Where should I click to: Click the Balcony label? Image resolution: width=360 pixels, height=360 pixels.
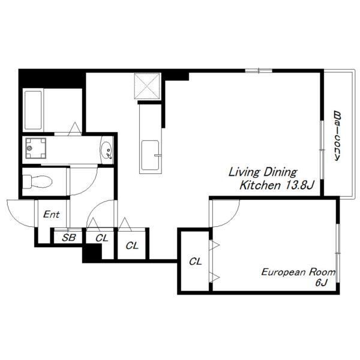337,136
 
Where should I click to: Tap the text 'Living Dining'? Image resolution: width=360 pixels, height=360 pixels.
263,172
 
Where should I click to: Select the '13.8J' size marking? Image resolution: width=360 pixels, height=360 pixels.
299,185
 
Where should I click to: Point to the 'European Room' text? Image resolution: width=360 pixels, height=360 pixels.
298,272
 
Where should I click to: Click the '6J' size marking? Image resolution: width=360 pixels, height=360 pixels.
321,283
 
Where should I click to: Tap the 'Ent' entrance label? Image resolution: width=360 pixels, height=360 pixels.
52,214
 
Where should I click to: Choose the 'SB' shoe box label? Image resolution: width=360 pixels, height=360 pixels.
68,238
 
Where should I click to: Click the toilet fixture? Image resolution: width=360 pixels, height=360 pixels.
37,182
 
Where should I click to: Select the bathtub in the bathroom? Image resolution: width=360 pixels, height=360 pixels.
33,110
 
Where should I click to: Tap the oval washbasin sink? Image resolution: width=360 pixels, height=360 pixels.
107,150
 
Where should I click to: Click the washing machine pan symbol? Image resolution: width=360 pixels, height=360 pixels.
35,148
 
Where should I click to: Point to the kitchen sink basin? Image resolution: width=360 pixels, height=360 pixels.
150,155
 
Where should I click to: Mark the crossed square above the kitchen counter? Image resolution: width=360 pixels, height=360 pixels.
147,86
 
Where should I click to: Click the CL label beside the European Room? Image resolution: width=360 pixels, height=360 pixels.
196,261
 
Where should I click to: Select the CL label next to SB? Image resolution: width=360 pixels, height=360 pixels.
102,238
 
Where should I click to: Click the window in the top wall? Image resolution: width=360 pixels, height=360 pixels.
259,71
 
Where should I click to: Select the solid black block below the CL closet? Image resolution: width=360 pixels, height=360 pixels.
92,253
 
